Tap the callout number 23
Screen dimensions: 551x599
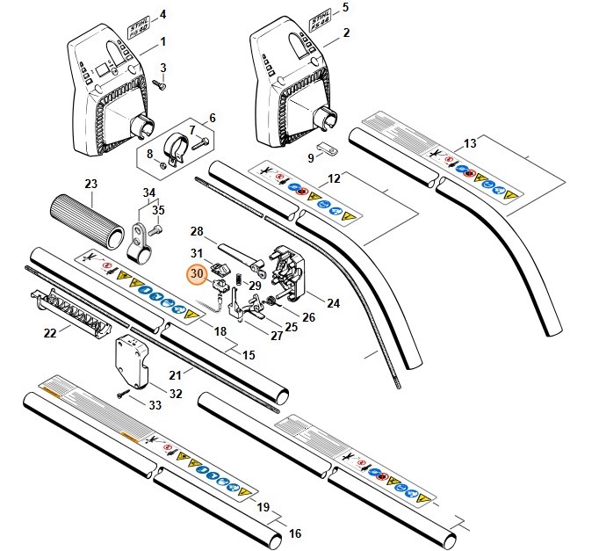pos(90,184)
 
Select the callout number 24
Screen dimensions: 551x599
pos(333,304)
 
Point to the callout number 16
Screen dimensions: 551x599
pos(295,533)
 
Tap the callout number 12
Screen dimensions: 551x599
pos(333,178)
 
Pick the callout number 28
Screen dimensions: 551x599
pos(197,231)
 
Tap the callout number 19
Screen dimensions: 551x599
pos(261,507)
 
